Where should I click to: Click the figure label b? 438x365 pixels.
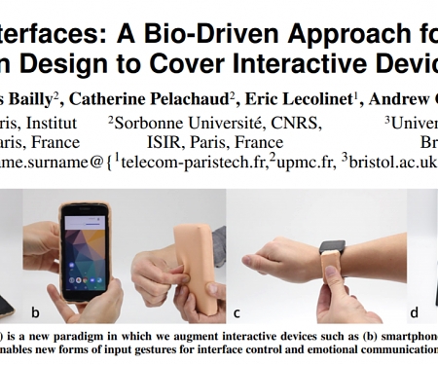pos(36,312)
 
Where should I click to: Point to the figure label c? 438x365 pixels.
pos(237,313)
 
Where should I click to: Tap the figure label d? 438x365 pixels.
pos(415,312)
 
